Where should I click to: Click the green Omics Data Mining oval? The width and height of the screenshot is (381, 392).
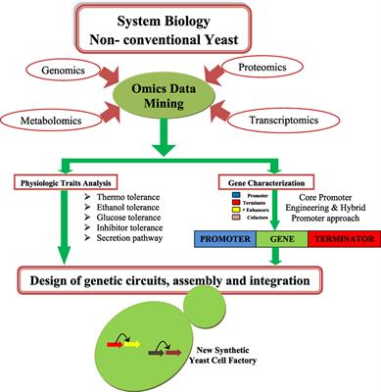tap(189, 99)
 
